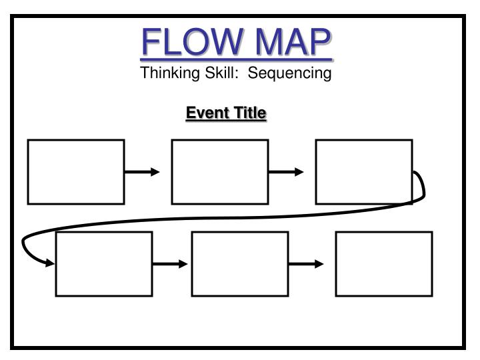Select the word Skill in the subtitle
pos(215,73)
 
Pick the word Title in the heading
pos(248,114)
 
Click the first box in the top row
pos(76,171)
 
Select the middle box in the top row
pos(220,171)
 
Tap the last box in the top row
pos(364,171)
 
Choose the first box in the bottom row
pos(104,263)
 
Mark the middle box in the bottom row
pos(240,263)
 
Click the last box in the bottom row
pos(384,263)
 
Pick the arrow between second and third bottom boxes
pos(306,264)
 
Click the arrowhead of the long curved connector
pos(50,263)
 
